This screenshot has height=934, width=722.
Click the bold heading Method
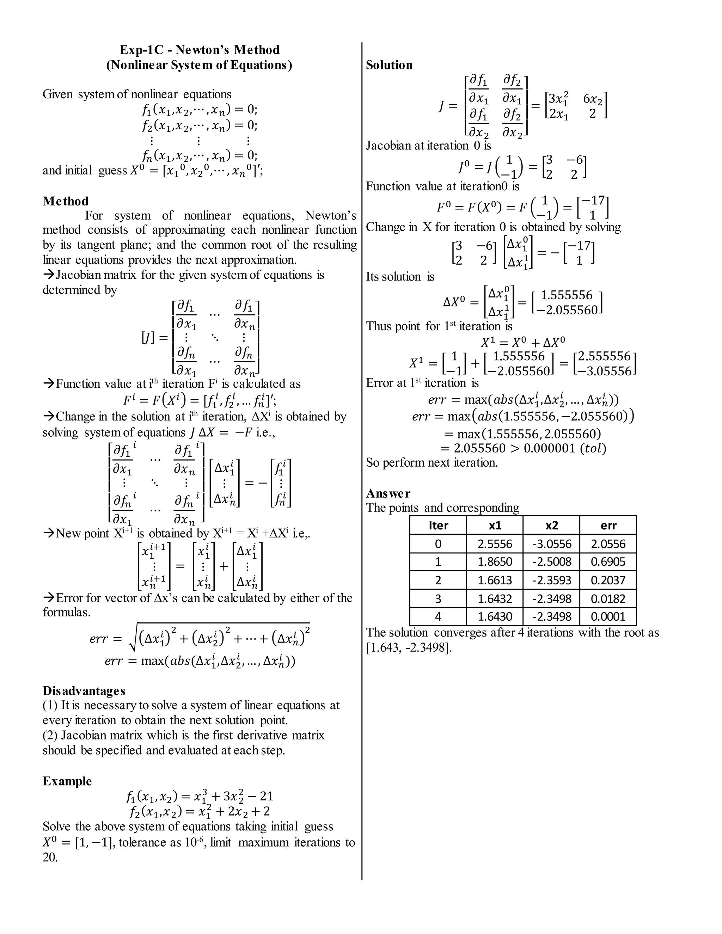(66, 201)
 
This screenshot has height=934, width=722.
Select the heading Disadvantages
(84, 691)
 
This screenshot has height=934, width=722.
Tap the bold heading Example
(67, 781)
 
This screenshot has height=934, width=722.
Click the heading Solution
(389, 65)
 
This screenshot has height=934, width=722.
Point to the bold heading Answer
(388, 493)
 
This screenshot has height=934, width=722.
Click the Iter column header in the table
(438, 525)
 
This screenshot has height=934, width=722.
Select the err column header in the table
(608, 525)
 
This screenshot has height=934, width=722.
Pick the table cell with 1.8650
(495, 562)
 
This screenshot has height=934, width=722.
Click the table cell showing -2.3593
(551, 580)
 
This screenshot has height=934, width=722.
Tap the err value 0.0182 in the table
(608, 599)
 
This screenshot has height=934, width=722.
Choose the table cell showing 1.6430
(495, 617)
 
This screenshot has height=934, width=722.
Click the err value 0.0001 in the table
(608, 617)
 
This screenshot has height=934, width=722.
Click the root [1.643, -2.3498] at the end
(409, 647)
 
